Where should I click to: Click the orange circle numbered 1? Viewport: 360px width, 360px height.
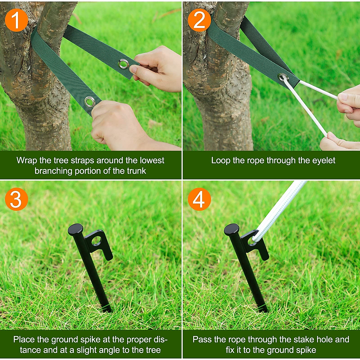16,20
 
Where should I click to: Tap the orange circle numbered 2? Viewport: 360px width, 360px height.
199,20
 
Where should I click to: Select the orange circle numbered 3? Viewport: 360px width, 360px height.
16,199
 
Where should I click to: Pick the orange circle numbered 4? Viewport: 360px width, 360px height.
199,199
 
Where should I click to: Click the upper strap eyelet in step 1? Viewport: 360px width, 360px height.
123,64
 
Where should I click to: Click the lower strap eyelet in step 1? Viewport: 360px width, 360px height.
90,102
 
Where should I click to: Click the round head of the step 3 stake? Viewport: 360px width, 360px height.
75,229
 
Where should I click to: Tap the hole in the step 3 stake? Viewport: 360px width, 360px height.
97,240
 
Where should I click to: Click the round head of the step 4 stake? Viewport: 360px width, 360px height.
232,229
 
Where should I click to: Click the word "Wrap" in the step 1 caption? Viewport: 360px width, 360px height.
26,160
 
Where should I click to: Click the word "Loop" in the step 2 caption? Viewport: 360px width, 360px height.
220,160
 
